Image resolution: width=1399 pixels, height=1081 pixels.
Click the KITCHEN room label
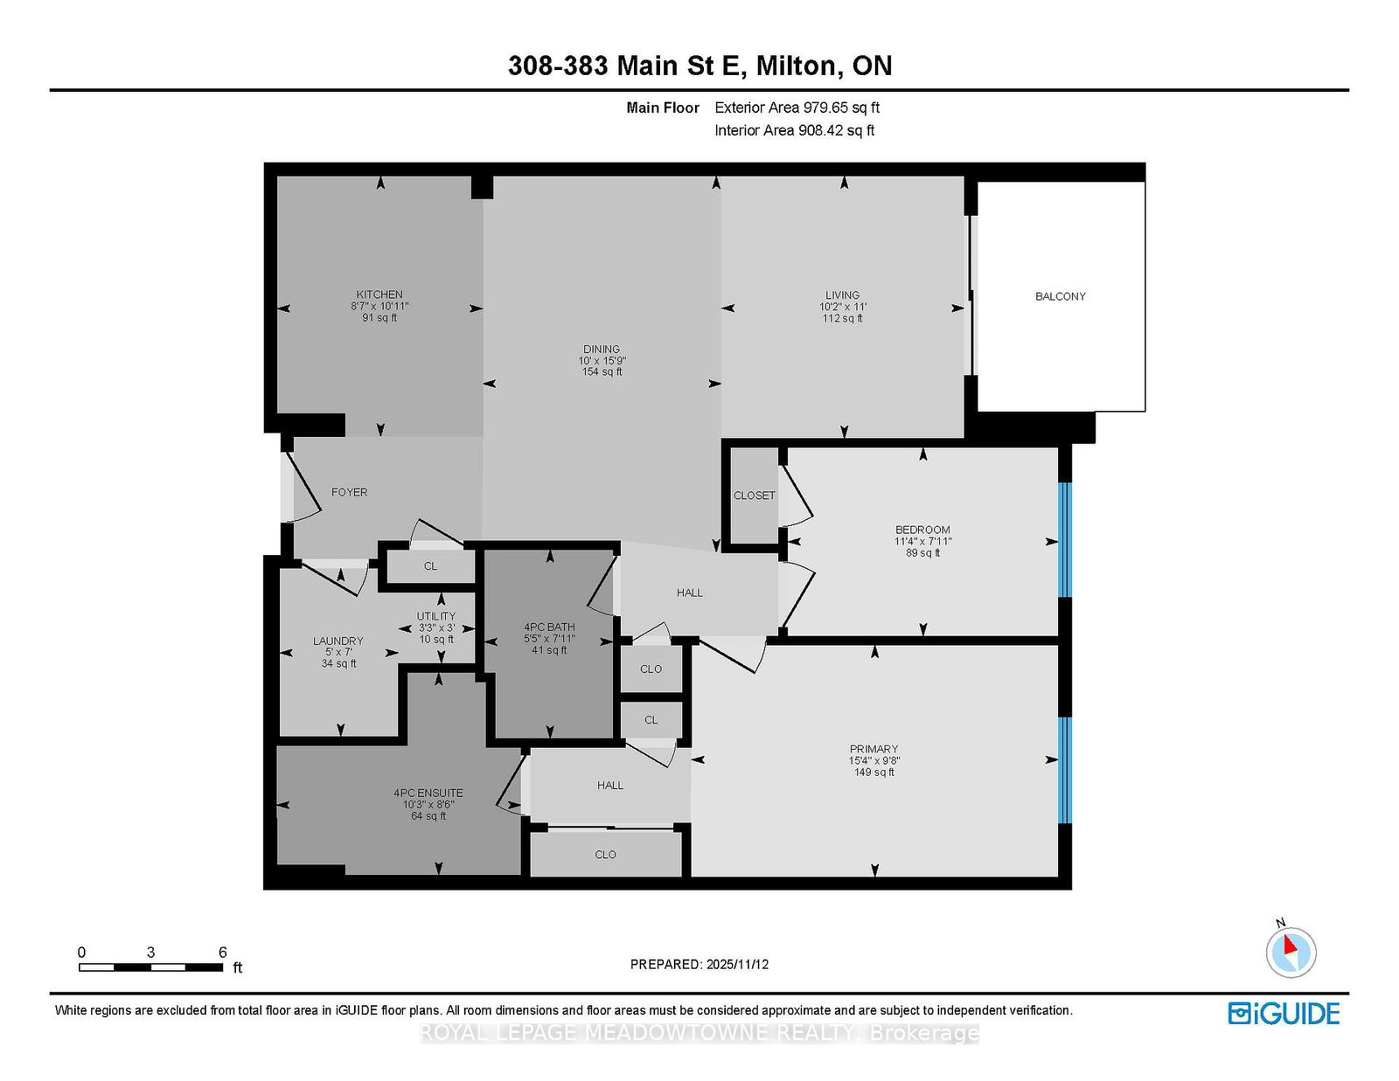coord(379,295)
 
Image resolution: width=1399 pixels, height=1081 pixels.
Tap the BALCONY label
coord(1060,296)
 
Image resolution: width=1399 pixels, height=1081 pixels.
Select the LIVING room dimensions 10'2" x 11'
coord(842,307)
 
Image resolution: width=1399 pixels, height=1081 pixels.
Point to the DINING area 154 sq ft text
coord(602,372)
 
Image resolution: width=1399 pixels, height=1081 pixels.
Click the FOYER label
coord(349,492)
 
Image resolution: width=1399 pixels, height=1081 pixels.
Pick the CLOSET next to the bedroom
coord(754,495)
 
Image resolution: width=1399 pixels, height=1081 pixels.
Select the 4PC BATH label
coord(549,627)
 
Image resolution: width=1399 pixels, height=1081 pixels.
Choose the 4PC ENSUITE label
coord(428,793)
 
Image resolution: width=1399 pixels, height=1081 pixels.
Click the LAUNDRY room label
coord(338,641)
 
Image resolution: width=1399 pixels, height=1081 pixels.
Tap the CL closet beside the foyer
coord(430,566)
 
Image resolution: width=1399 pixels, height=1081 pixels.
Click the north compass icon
coord(1291,951)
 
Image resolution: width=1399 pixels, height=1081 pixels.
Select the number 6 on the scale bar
coord(222,953)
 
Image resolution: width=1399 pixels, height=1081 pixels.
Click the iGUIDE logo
coord(1284,1014)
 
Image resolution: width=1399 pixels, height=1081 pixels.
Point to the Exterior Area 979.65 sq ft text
coord(797,107)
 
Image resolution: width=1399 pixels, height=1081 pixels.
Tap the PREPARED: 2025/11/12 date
coord(699,965)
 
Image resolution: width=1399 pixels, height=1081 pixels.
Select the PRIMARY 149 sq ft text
coord(874,773)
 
